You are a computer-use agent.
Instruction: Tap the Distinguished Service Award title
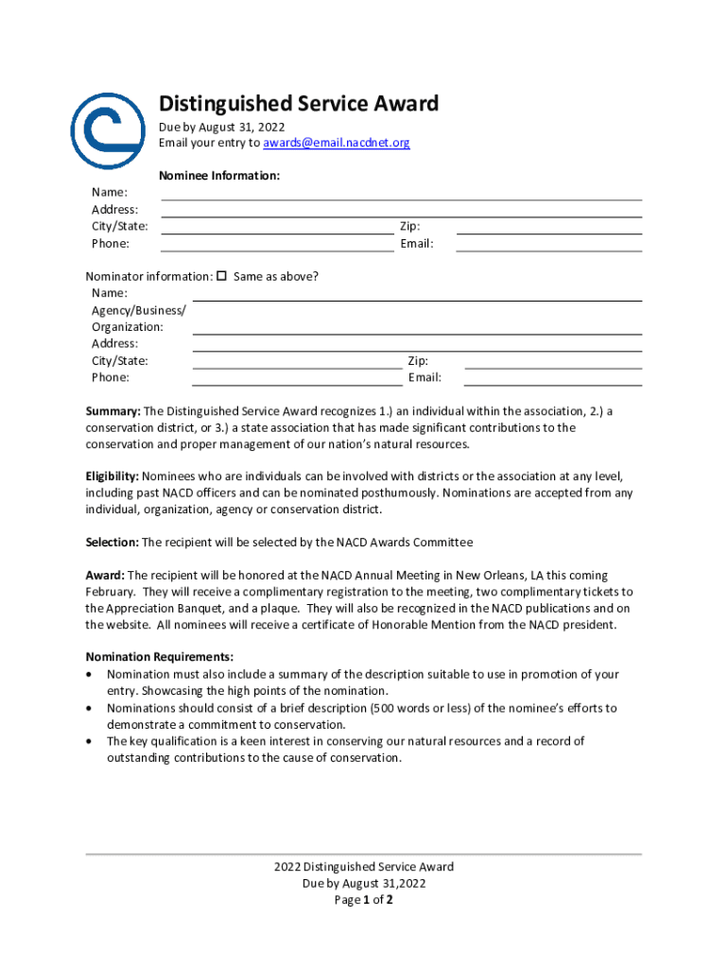click(x=299, y=103)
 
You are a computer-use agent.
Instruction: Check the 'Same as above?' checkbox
click(x=222, y=276)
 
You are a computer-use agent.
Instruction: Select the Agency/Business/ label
click(x=139, y=310)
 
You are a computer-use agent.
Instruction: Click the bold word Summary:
click(x=113, y=411)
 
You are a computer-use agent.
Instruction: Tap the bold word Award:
click(x=105, y=575)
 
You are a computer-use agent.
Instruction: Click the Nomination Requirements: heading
click(x=160, y=657)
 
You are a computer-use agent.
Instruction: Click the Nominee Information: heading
click(x=219, y=176)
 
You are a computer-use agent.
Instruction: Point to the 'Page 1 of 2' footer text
click(x=364, y=900)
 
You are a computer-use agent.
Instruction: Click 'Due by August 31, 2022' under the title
click(x=221, y=127)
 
